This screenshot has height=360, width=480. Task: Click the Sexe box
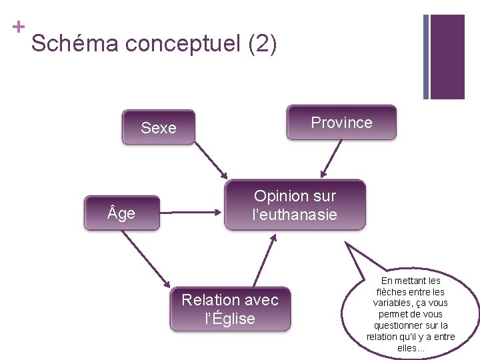pyautogui.click(x=159, y=127)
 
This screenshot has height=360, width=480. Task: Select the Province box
pyautogui.click(x=341, y=123)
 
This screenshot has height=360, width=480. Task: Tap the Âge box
pyautogui.click(x=122, y=213)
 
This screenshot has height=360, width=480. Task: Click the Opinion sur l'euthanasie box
pyautogui.click(x=295, y=205)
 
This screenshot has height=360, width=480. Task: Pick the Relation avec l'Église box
pyautogui.click(x=230, y=309)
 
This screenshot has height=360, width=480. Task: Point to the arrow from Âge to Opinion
pyautogui.click(x=191, y=213)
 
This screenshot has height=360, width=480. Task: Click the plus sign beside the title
pyautogui.click(x=18, y=27)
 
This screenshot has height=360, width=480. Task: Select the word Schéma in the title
pyautogui.click(x=75, y=45)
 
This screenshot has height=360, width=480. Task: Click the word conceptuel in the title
pyautogui.click(x=183, y=45)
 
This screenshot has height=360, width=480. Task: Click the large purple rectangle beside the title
pyautogui.click(x=447, y=57)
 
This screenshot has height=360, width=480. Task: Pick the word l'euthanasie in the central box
pyautogui.click(x=295, y=215)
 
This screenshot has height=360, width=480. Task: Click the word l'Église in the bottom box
pyautogui.click(x=230, y=319)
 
